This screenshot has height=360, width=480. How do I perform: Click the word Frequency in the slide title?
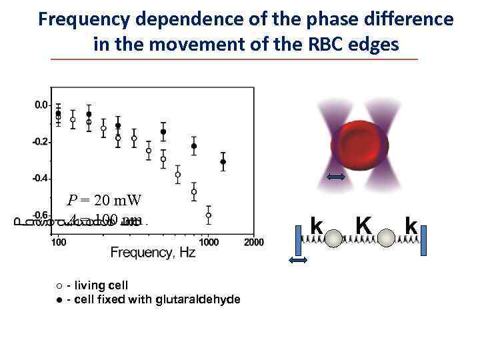tap(81, 19)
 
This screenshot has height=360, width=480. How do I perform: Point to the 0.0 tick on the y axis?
tap(41, 105)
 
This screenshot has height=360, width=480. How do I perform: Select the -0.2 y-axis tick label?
tap(40, 142)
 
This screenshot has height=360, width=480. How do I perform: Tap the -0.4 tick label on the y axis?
tap(40, 179)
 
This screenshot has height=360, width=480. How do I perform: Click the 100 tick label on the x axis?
tap(59, 242)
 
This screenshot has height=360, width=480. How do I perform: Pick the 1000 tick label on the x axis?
tap(209, 242)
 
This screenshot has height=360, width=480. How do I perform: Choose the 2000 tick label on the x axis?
tap(253, 242)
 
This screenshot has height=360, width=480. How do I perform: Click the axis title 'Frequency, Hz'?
tap(153, 254)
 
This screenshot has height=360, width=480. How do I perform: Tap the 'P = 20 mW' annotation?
tap(104, 200)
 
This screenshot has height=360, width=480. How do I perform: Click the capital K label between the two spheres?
tap(363, 227)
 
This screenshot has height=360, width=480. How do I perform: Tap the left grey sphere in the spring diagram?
tap(336, 236)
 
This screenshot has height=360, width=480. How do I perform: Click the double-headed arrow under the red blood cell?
tap(336, 177)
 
